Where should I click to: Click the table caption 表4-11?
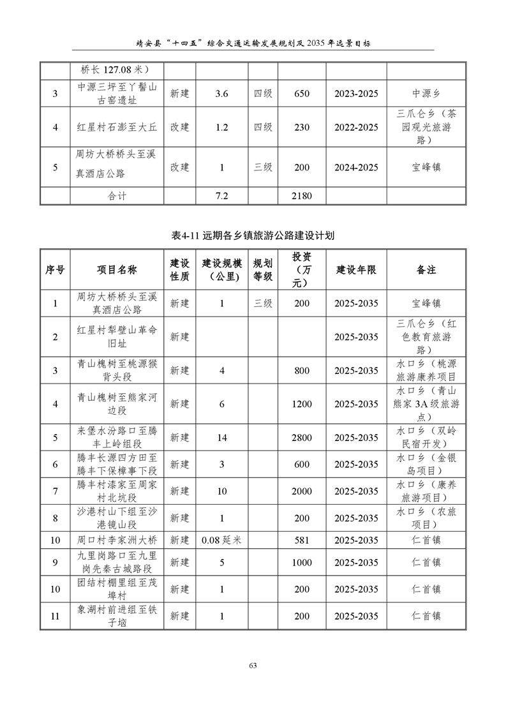253,235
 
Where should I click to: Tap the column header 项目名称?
117,270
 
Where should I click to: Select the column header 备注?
426,270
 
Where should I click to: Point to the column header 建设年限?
356,270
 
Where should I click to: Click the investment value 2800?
302,438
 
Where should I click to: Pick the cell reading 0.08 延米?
221,540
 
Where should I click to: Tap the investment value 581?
302,540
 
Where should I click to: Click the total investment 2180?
302,196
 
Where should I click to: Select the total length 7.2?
221,196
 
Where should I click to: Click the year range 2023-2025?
356,94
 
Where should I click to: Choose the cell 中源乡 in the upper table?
426,94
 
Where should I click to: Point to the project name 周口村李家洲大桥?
117,540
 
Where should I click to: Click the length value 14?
221,438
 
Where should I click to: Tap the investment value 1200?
302,404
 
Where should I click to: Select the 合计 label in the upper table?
117,196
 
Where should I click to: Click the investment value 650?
302,94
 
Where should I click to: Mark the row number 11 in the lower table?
56,616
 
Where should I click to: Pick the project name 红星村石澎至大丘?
117,127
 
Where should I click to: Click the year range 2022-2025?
356,127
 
